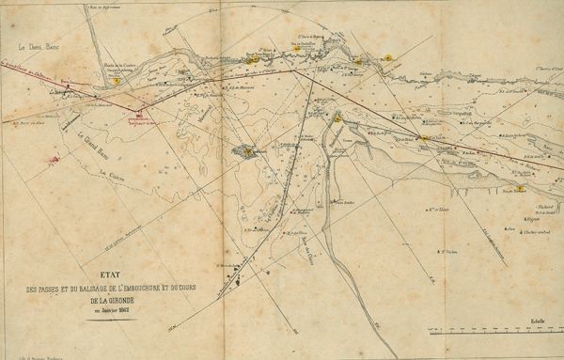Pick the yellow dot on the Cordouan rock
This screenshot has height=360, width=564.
(247, 149)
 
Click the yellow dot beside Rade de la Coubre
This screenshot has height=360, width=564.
(115, 81)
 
